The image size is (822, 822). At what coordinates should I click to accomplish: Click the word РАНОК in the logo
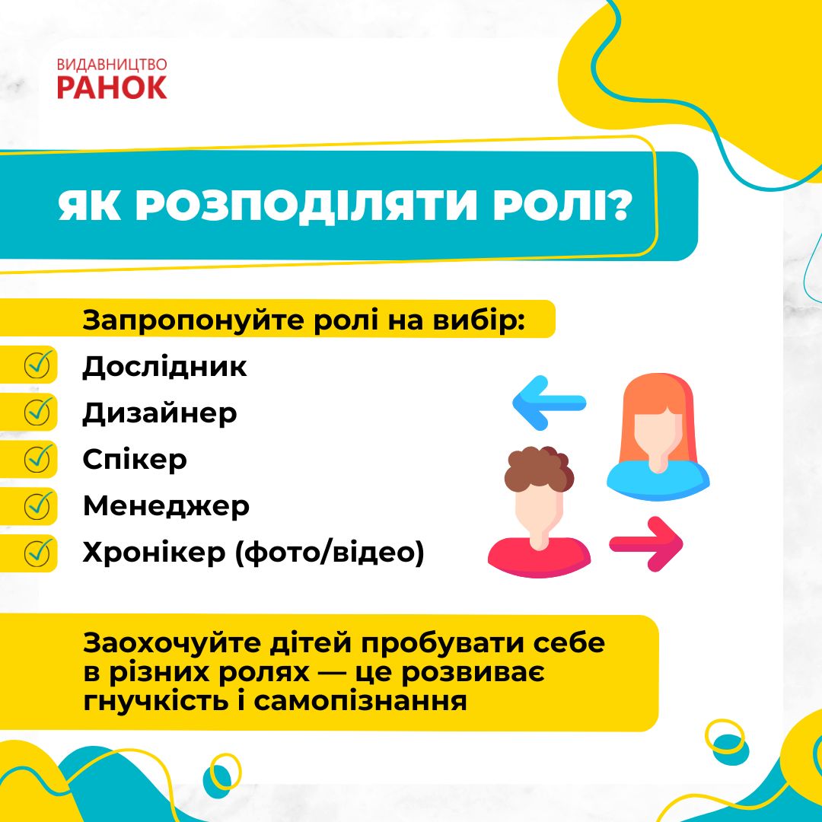(112, 87)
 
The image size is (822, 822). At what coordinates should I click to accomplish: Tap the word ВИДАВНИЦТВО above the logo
(112, 65)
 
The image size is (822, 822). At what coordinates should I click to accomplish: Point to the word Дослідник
(164, 366)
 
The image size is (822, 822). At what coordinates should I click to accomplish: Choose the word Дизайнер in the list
(159, 413)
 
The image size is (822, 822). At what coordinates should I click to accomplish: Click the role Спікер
(135, 460)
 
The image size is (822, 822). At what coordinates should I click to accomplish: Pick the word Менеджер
(166, 506)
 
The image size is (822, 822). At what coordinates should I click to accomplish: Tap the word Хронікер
(154, 553)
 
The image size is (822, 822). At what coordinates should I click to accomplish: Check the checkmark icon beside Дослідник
(38, 365)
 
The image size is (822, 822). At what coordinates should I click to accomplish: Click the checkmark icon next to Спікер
(38, 459)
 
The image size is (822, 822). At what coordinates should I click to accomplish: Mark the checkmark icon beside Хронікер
(38, 553)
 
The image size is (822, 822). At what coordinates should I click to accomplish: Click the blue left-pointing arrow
(549, 403)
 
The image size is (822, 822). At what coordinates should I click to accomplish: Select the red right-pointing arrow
(646, 543)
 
